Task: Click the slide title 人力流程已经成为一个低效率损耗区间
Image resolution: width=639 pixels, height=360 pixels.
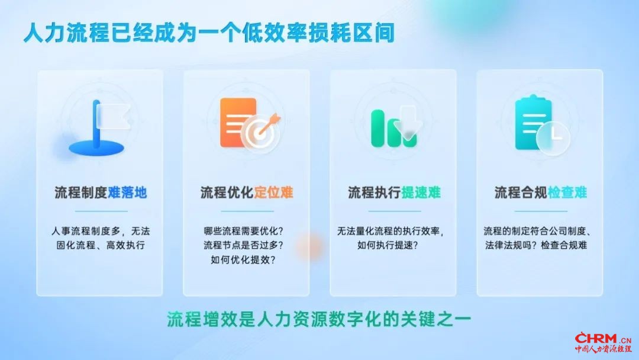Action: pos(209,33)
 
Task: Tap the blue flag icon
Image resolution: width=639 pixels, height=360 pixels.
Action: pos(98,128)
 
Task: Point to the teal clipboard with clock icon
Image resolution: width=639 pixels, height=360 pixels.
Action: pos(541,124)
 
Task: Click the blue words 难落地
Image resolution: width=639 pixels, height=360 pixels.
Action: pos(127,192)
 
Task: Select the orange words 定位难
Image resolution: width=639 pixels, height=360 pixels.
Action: pos(273,192)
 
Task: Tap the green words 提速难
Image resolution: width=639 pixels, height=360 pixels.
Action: pos(421,192)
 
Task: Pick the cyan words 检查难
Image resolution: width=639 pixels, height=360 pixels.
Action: pos(567,192)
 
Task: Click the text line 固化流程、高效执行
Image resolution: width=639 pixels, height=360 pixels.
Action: pos(100,245)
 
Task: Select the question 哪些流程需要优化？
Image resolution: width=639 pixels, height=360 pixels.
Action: pos(243,231)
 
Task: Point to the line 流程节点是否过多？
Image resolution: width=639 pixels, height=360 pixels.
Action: pos(243,245)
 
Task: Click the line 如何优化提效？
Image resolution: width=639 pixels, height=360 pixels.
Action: pos(243,259)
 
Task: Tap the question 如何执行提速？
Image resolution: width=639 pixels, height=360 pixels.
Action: pos(388,245)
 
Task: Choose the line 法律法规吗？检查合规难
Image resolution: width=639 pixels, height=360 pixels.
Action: pos(536,245)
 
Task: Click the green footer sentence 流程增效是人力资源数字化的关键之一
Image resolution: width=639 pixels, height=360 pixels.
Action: pos(319,319)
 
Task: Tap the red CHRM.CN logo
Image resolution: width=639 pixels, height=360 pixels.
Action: pos(603,339)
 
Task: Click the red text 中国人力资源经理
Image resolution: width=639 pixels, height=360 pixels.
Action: pos(603,349)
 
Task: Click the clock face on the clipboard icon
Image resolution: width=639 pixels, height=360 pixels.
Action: pos(553,138)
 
